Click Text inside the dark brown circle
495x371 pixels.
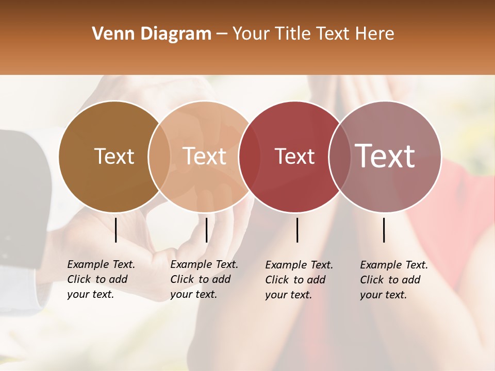coord(114,156)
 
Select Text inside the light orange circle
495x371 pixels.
coord(204,156)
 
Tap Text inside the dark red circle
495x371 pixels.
coord(294,156)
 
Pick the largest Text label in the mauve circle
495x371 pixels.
coord(385,156)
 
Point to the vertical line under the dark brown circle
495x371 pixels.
coord(116,230)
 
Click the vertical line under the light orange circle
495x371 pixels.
coord(206,230)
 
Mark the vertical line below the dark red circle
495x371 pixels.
coord(297,230)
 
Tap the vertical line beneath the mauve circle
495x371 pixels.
coord(384,230)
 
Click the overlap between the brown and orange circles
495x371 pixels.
coord(159,156)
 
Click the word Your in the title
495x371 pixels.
coord(251,34)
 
